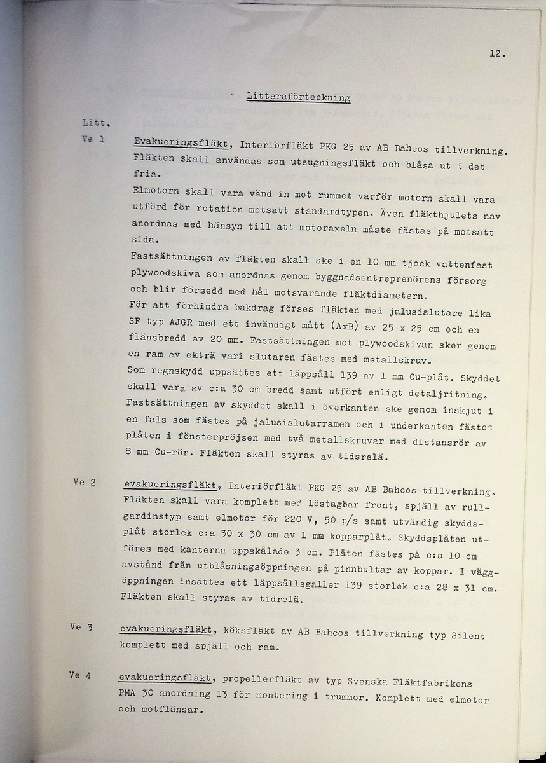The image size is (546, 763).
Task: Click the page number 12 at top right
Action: (x=497, y=54)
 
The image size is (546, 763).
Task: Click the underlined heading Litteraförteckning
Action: (x=299, y=97)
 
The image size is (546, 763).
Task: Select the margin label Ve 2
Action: (x=84, y=483)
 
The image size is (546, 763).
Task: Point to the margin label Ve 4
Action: (x=79, y=676)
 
